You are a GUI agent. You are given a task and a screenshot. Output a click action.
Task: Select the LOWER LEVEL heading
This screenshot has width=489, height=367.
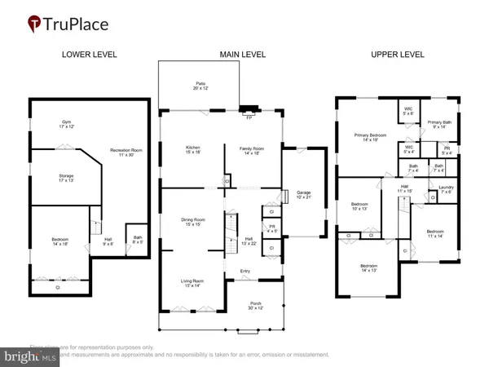coord(90,55)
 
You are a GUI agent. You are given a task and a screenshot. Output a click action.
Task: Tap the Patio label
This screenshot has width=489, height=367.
coord(200,85)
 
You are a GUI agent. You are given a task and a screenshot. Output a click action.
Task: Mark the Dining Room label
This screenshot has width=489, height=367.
coord(192,221)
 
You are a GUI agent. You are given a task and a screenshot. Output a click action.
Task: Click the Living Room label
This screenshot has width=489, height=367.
coord(192,282)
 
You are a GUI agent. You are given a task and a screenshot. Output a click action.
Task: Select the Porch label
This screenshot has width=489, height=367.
coord(256,305)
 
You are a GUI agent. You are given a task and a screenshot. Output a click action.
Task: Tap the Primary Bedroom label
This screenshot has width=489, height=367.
coord(369,136)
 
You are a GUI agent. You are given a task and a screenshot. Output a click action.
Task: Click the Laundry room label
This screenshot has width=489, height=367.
coord(445,189)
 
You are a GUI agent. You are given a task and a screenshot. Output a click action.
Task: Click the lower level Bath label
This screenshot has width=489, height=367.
coord(137,240)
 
